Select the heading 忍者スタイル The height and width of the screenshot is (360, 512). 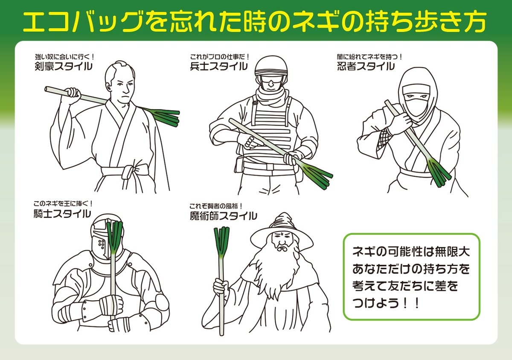(366, 66)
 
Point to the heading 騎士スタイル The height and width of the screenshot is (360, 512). (62, 213)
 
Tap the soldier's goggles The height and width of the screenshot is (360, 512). (271, 80)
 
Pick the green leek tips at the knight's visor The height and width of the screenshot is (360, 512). (114, 237)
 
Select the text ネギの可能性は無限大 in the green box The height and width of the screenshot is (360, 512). (411, 252)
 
